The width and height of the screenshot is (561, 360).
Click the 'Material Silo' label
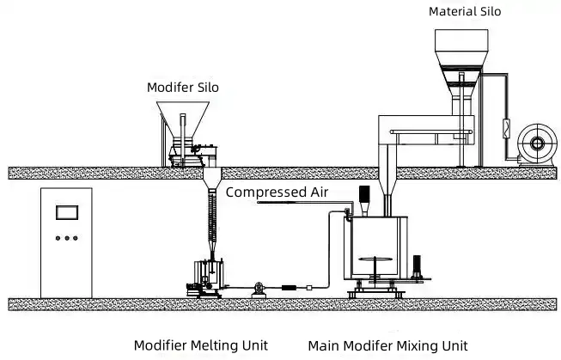(x=465, y=11)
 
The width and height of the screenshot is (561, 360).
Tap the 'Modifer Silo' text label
(x=183, y=88)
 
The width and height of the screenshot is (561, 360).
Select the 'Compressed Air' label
(x=277, y=192)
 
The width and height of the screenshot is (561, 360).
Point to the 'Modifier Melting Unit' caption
(x=201, y=345)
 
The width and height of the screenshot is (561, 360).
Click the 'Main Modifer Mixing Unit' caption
(x=387, y=346)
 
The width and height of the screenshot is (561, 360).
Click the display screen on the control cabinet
(x=67, y=212)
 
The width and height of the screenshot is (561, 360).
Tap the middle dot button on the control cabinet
(x=67, y=238)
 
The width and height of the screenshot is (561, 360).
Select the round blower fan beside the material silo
(x=537, y=143)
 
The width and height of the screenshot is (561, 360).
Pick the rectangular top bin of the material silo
(x=461, y=40)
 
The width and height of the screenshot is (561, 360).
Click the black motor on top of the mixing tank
(x=364, y=194)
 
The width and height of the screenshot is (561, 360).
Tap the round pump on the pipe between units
(x=259, y=288)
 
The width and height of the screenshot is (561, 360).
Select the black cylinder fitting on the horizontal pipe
(x=289, y=288)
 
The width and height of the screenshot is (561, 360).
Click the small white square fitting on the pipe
(x=309, y=288)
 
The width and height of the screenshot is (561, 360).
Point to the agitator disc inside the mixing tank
(x=375, y=259)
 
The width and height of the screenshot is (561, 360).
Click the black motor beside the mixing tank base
(x=417, y=265)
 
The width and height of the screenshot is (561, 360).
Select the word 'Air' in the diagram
(x=319, y=192)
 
